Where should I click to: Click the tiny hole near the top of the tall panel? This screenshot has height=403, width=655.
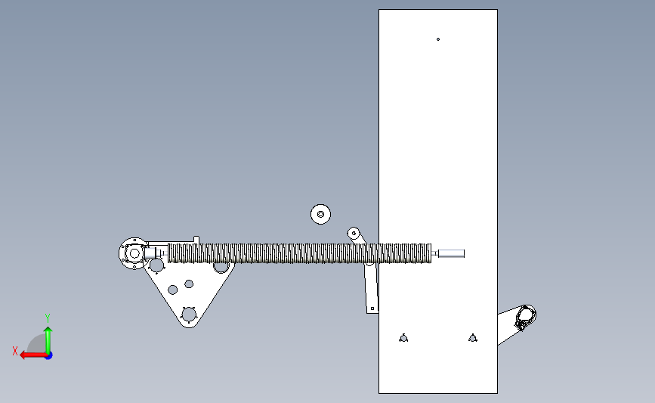click(x=437, y=39)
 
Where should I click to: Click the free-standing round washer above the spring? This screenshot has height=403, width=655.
click(x=320, y=214)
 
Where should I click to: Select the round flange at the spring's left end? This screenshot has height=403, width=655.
click(x=134, y=253)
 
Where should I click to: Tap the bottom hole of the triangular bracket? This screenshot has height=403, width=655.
click(x=189, y=315)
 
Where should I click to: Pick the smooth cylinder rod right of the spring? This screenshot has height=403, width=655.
click(x=451, y=253)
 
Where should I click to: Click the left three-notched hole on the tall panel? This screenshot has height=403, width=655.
click(x=403, y=338)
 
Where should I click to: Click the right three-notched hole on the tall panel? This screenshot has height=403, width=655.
click(x=472, y=338)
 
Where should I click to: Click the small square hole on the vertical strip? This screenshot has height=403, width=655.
click(x=372, y=308)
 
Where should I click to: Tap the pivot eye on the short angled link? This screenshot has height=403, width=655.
click(x=354, y=233)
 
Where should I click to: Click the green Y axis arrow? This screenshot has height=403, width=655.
click(x=48, y=341)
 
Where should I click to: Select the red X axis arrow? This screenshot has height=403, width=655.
click(x=33, y=355)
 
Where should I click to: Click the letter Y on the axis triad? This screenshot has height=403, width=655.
click(x=47, y=318)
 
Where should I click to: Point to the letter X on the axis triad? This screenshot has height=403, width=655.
click(x=15, y=351)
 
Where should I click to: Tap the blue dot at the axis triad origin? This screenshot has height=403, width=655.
click(x=48, y=355)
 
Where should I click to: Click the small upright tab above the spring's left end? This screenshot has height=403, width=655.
click(x=196, y=240)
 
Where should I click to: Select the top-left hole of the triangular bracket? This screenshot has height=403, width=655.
click(x=156, y=265)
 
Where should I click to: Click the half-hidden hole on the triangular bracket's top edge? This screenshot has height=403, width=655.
click(x=221, y=267)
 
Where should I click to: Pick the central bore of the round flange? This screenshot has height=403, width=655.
click(x=134, y=253)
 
